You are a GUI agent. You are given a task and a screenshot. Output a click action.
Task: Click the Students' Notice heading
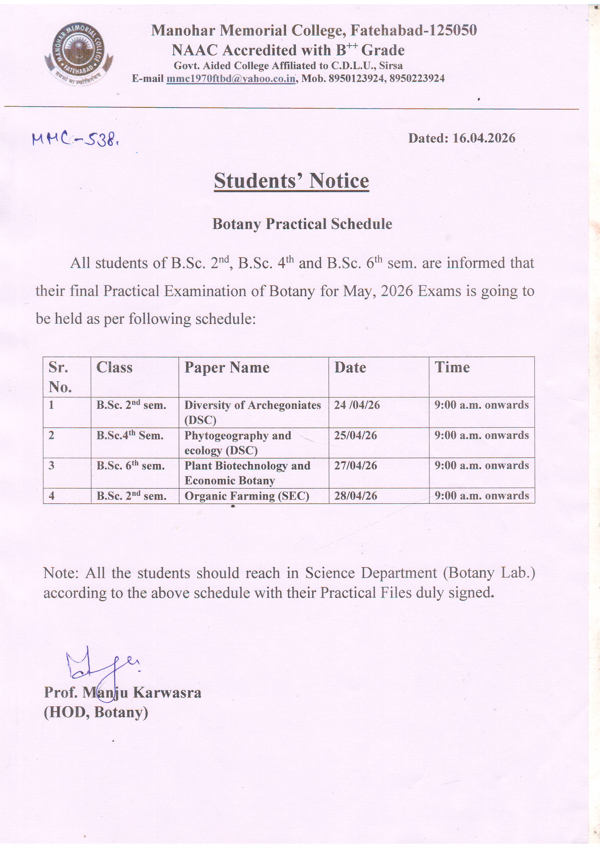pos(291,181)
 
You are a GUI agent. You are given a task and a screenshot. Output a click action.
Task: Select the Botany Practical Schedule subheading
pos(302,224)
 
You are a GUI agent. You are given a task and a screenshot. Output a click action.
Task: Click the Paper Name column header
pos(227,367)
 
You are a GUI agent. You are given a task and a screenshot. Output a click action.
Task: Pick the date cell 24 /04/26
pos(357,405)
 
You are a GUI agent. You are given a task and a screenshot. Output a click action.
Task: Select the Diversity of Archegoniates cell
pos(253,412)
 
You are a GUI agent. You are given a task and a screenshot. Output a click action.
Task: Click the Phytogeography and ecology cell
pos(238,443)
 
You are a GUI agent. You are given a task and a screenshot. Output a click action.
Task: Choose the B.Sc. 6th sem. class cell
pos(130,466)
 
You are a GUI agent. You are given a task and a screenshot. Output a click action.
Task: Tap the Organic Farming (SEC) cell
pos(247,496)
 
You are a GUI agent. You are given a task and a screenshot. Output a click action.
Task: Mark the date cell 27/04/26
pos(356,466)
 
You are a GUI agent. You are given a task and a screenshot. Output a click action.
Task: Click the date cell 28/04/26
pos(356,496)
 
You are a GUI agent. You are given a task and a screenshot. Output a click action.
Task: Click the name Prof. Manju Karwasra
pos(122,693)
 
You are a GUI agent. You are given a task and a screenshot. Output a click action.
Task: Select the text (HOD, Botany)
pos(96,712)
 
